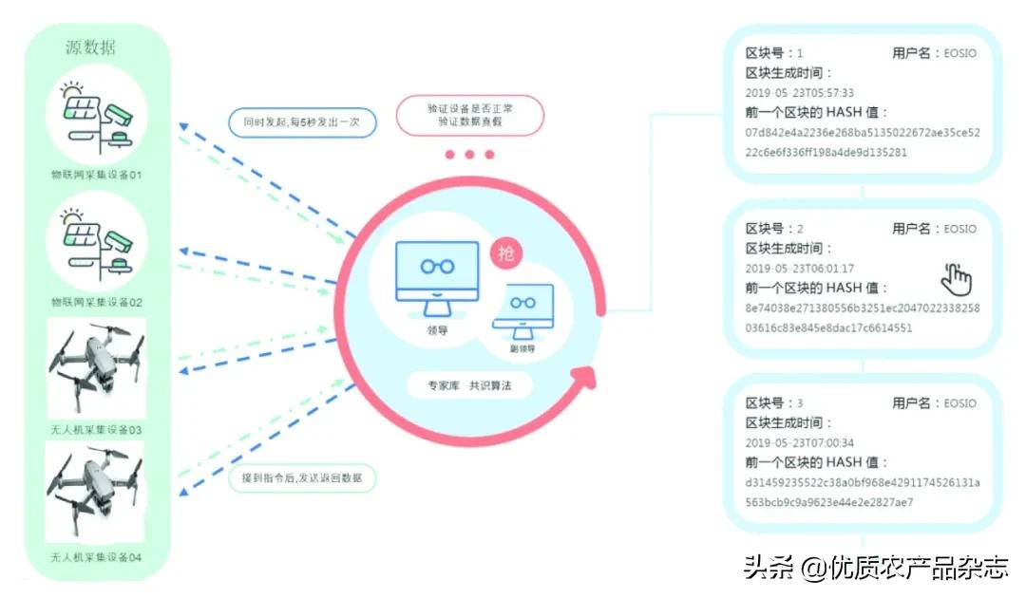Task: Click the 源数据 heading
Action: [91, 47]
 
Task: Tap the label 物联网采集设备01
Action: [96, 176]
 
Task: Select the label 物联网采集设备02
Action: [96, 302]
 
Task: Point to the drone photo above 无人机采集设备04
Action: [96, 494]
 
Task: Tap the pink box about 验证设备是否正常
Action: [470, 115]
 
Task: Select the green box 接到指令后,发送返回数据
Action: [302, 477]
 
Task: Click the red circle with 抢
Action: [506, 253]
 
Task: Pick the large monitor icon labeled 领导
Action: [436, 275]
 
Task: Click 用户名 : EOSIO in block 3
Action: [934, 403]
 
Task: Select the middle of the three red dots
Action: [470, 155]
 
